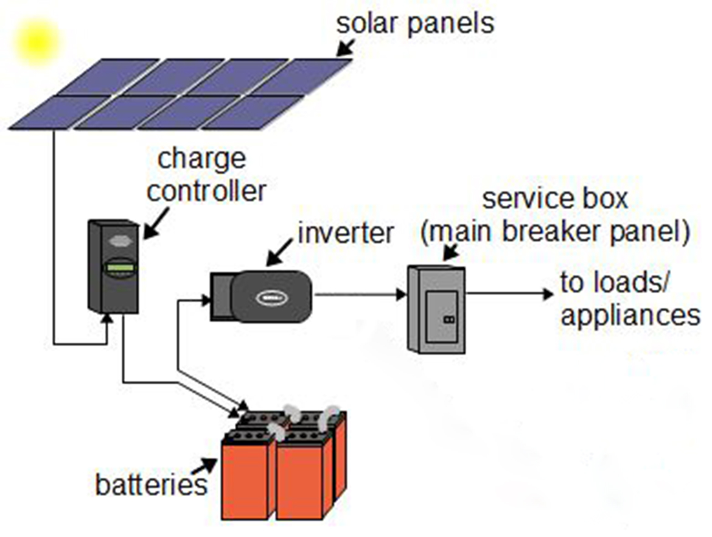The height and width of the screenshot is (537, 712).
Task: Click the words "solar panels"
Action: (415, 24)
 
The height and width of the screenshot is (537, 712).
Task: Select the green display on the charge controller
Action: (120, 268)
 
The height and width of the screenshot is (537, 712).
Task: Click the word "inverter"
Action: (346, 233)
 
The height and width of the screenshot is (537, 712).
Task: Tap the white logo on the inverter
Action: (268, 298)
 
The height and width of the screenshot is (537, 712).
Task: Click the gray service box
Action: (437, 309)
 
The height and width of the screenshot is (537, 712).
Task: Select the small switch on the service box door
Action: (450, 318)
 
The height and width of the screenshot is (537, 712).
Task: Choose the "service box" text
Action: (554, 198)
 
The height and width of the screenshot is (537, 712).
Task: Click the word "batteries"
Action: (151, 485)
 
